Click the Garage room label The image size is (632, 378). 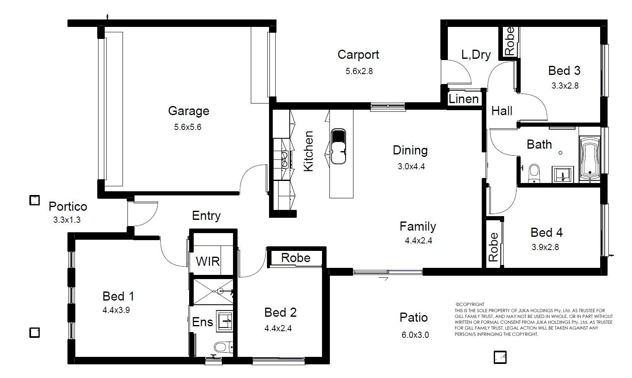click(188, 111)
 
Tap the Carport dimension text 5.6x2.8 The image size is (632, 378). click(359, 71)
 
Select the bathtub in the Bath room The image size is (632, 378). click(589, 159)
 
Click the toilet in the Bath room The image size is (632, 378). click(534, 173)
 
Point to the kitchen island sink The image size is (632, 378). click(338, 147)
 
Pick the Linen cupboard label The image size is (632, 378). click(464, 99)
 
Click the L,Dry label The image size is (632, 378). click(476, 55)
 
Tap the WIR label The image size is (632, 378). click(208, 261)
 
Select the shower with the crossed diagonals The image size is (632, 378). click(213, 292)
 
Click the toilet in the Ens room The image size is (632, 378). click(223, 347)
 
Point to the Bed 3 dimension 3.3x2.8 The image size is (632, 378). click(565, 86)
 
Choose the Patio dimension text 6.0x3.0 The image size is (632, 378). click(415, 335)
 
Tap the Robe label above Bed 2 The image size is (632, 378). click(296, 258)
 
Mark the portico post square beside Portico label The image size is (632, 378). click(34, 200)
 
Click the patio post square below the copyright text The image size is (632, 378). click(500, 357)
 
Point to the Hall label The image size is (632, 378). click(502, 111)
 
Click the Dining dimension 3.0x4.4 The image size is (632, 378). click(411, 166)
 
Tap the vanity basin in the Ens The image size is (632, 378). click(225, 321)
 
